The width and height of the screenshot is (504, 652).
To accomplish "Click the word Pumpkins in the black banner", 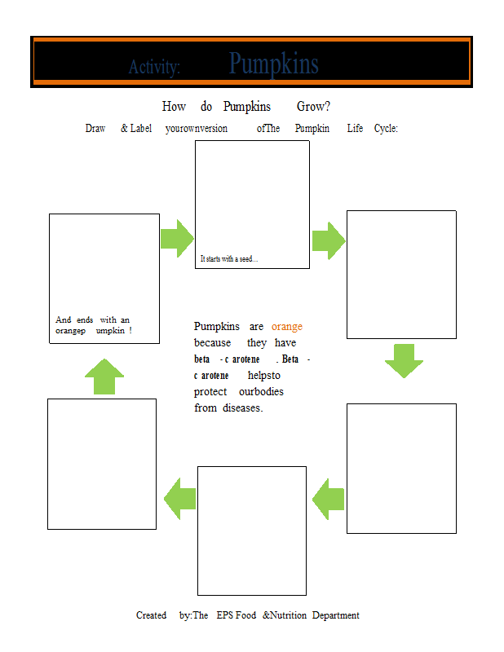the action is click(x=273, y=64).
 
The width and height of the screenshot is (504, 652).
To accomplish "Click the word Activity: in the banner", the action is click(x=154, y=67).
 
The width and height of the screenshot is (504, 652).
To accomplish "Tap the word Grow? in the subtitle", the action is click(x=313, y=107).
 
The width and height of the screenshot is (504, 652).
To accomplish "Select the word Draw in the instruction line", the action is click(x=95, y=128).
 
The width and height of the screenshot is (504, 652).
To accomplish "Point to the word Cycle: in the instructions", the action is click(x=386, y=128).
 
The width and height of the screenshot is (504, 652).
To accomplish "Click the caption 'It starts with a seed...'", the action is click(x=229, y=258).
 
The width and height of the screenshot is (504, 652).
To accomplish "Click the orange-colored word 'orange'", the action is click(x=287, y=327).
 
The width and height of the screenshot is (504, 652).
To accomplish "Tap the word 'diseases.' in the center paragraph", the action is click(x=243, y=408).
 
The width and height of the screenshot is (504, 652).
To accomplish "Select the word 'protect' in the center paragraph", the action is click(x=210, y=392).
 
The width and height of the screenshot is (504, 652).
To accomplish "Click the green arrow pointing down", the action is click(x=404, y=360).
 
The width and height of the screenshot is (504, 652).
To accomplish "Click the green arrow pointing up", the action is click(x=104, y=377).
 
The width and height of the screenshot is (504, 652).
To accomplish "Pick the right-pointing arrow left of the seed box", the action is click(x=177, y=238).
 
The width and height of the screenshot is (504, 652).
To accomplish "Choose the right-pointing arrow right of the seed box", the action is click(x=329, y=240).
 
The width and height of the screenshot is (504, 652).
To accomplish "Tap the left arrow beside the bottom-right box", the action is click(x=329, y=499).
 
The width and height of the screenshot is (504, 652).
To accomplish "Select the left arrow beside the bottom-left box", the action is click(x=179, y=499).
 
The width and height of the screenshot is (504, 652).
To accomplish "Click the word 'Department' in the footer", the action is click(x=335, y=615).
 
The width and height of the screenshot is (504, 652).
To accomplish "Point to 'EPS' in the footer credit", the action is click(x=225, y=615).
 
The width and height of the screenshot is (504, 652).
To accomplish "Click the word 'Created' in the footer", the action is click(x=151, y=615).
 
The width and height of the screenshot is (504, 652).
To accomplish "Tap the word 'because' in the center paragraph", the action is click(x=212, y=342).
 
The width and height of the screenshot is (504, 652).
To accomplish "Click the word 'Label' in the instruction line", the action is click(x=141, y=128).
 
